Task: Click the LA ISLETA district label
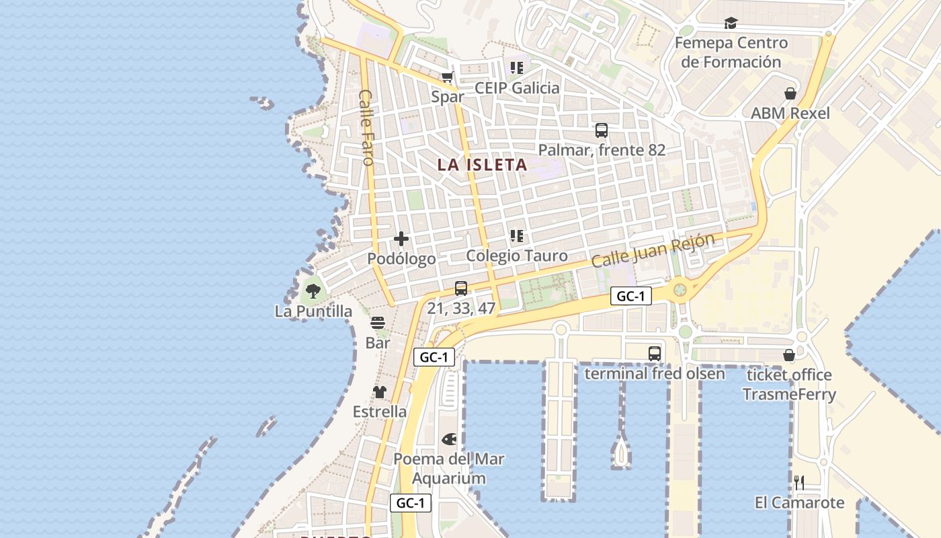click(482, 165)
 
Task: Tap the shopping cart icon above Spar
click(448, 77)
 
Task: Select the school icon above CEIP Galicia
click(517, 67)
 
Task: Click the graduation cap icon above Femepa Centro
click(731, 24)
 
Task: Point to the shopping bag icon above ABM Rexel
click(790, 93)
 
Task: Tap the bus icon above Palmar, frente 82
click(602, 130)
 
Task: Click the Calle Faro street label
click(366, 127)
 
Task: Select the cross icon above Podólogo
click(401, 239)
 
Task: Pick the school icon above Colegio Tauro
click(517, 236)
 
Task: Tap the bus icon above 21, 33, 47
click(461, 289)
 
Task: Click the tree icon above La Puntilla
click(313, 291)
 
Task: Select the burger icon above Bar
click(378, 323)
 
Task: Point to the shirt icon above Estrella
click(380, 392)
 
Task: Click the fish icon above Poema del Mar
click(449, 440)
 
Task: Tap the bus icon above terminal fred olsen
click(655, 354)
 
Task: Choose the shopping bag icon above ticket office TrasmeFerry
click(789, 355)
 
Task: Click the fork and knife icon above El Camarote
click(799, 482)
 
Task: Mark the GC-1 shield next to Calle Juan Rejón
click(631, 296)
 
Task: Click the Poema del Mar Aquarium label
click(449, 469)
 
